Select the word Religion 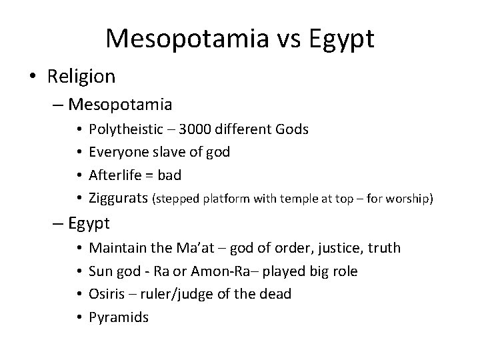pyautogui.click(x=81, y=76)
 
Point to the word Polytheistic pyautogui.click(x=129, y=129)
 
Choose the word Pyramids pyautogui.click(x=119, y=316)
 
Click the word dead pyautogui.click(x=276, y=293)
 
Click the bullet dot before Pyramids pyautogui.click(x=79, y=317)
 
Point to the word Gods pyautogui.click(x=291, y=129)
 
